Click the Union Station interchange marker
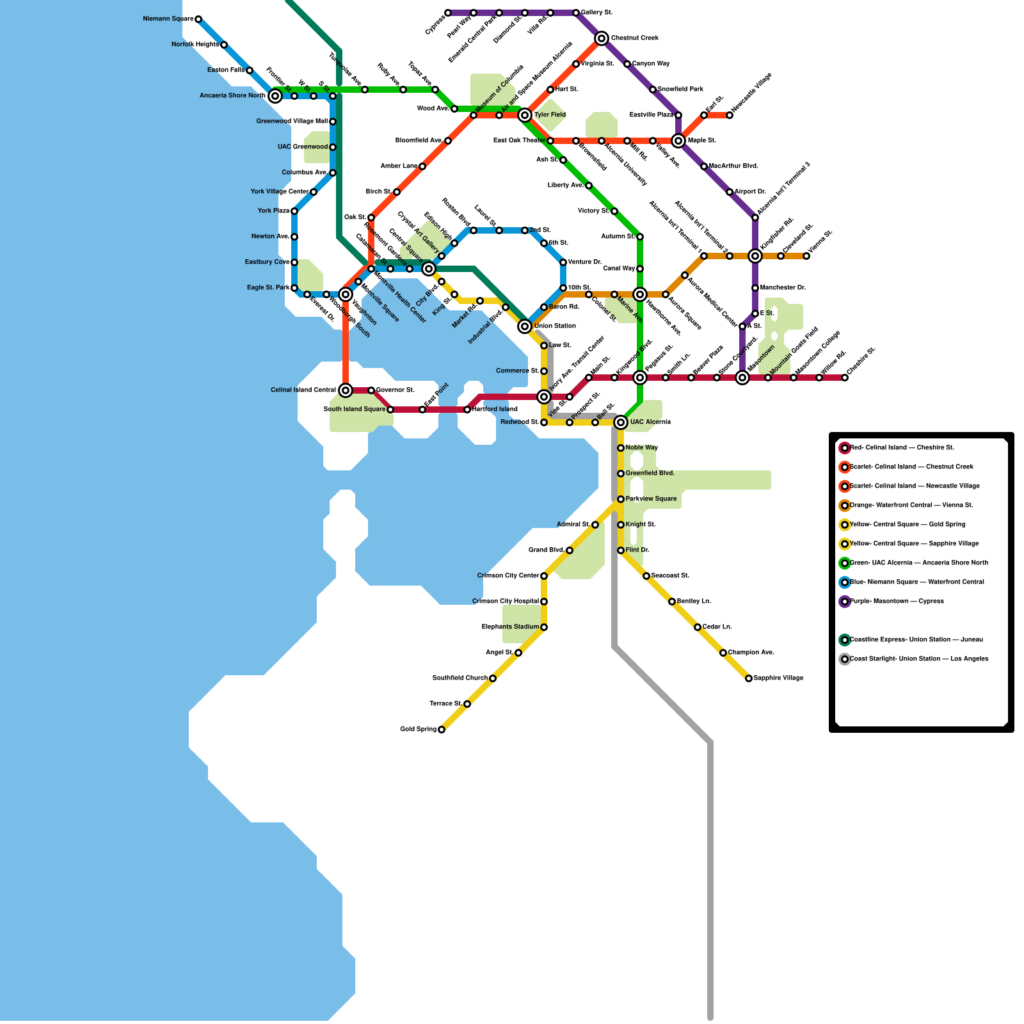[x=525, y=326]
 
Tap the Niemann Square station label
[x=168, y=19]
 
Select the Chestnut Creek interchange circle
[x=602, y=38]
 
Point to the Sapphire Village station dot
[x=749, y=678]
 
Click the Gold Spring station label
[x=418, y=730]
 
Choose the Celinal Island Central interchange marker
[x=346, y=390]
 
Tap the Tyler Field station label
[x=550, y=115]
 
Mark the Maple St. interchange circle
[x=678, y=141]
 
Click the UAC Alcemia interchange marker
[x=621, y=422]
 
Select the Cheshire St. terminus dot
[x=845, y=378]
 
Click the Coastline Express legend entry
[x=916, y=640]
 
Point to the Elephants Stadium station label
[x=510, y=627]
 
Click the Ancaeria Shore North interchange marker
[x=275, y=96]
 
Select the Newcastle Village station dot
[x=730, y=115]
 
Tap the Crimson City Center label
[x=508, y=576]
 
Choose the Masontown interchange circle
[x=742, y=378]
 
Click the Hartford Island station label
[x=495, y=410]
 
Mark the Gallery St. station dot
[x=576, y=13]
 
